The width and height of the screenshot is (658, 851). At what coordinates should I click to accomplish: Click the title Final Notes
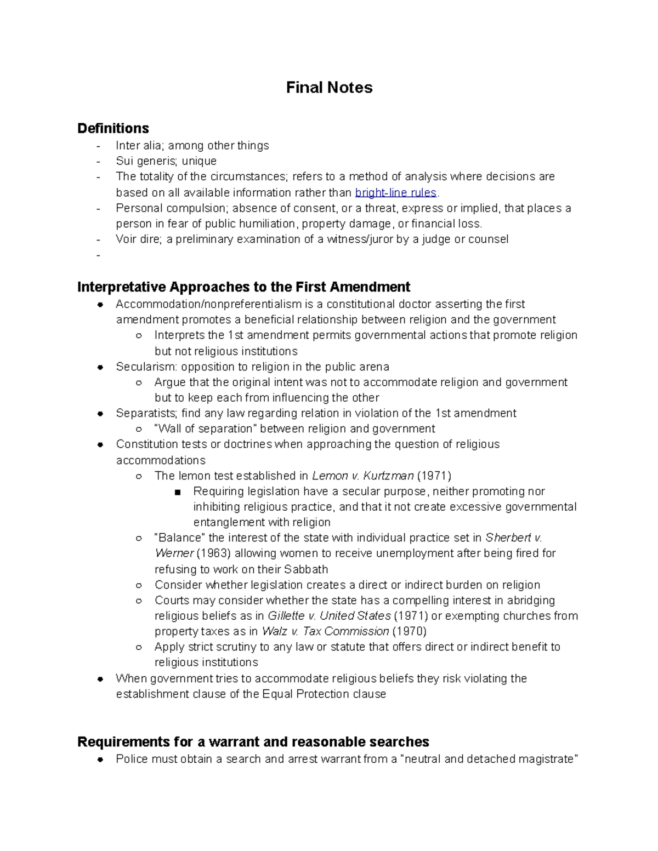point(329,88)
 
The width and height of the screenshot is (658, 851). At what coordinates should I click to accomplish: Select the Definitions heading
point(113,128)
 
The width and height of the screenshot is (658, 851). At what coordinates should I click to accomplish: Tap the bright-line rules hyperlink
point(396,192)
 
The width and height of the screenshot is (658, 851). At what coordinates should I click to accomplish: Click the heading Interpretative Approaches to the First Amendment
point(243,287)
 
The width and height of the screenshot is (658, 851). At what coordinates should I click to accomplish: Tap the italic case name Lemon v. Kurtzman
point(362,476)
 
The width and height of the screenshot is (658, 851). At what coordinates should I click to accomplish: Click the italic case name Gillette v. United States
point(329,616)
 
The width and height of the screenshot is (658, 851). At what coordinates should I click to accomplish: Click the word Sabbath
point(306,569)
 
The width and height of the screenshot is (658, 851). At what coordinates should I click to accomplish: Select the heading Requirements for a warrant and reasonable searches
point(253,742)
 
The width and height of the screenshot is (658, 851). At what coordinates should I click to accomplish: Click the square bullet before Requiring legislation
point(177,492)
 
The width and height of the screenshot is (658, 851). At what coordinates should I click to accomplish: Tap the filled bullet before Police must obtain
point(100,759)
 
